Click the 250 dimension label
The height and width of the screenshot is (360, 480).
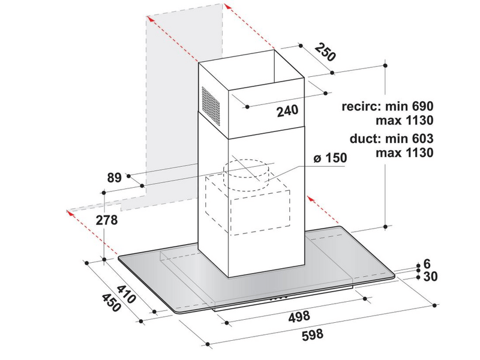tap(325, 53)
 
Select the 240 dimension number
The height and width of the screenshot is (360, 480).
tap(287, 111)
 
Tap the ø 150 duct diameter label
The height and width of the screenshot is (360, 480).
tap(331, 158)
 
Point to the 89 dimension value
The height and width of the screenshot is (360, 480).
tap(115, 178)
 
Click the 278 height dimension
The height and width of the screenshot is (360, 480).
tap(107, 220)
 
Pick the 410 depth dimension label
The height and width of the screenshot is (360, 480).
tap(127, 295)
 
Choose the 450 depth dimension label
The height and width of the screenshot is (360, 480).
tap(111, 303)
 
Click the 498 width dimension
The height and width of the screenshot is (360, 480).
tap(299, 316)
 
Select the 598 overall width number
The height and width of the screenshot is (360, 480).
tap(313, 334)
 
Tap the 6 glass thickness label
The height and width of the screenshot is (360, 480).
tap(427, 264)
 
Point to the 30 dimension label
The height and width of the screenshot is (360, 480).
tap(430, 277)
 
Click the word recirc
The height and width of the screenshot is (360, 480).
tap(362, 107)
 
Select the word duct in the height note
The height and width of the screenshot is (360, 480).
tap(366, 139)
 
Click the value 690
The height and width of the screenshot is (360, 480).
tap(422, 107)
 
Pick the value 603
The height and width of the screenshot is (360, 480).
tap(422, 139)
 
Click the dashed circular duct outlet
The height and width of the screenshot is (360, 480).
tap(246, 175)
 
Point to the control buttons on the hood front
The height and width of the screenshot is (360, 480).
tap(278, 297)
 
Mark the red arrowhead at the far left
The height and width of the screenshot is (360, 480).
tap(70, 212)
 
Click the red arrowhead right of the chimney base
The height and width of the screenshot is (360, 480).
tap(311, 200)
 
